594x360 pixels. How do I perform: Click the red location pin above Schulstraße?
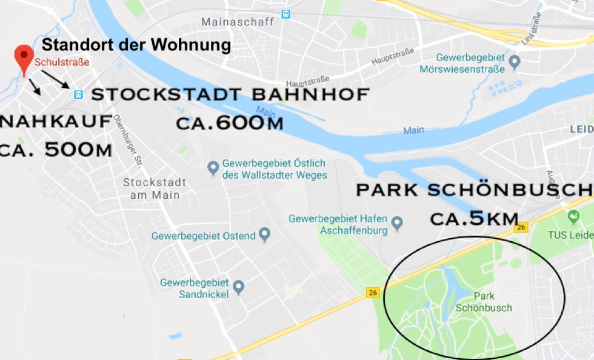coord(24,56)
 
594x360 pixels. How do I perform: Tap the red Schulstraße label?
coord(62,62)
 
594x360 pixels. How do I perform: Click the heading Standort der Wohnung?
coord(136,45)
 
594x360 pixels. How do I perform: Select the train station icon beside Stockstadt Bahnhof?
coord(78,94)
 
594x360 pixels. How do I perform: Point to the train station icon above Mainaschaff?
coord(285,13)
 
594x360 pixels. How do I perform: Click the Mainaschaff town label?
coord(238,22)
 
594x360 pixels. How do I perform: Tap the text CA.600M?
coord(230,123)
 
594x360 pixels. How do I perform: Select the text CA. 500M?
coord(56,150)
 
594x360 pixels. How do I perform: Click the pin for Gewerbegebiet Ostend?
coord(264,234)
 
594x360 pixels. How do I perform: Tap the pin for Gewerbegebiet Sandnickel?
coord(238,285)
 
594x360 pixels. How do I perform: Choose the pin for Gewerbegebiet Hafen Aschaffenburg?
coord(397,223)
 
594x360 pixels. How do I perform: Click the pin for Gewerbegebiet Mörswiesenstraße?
coord(515,61)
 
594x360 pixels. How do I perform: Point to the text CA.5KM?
coord(475,218)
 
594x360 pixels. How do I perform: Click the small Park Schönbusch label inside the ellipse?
coord(492,302)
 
